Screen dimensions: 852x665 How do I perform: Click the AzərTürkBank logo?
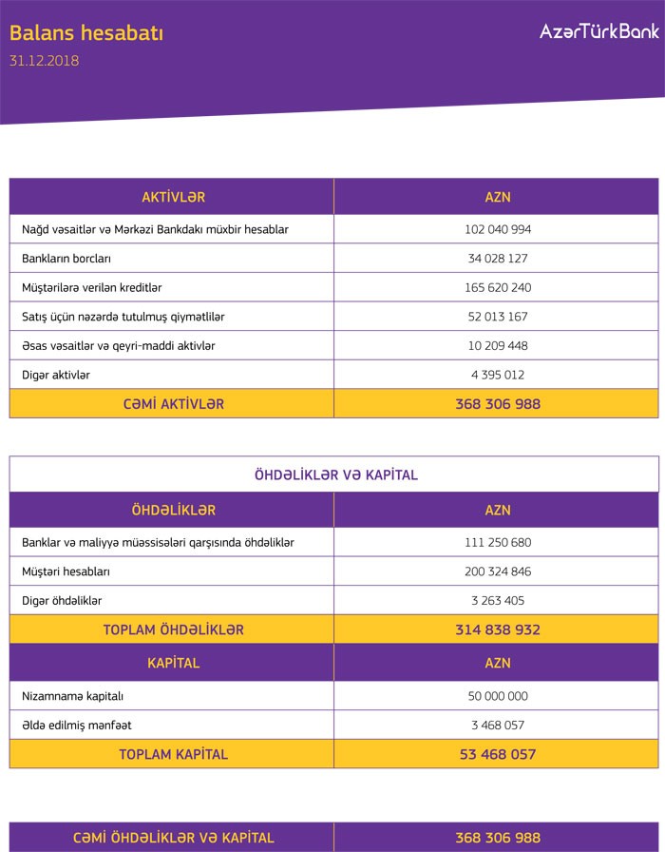click(x=598, y=32)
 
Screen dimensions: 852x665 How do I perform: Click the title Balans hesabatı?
click(x=86, y=33)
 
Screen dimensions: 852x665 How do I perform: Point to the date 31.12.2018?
click(x=44, y=61)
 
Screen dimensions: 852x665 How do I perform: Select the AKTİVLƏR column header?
click(x=173, y=197)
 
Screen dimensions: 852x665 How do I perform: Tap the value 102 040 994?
click(x=498, y=229)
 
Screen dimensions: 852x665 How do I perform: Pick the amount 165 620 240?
click(x=498, y=287)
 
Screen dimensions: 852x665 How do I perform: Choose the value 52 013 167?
click(x=498, y=317)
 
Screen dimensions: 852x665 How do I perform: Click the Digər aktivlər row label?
click(x=56, y=375)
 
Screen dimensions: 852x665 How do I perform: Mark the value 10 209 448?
click(x=498, y=345)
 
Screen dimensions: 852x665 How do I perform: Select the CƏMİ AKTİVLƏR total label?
click(x=173, y=404)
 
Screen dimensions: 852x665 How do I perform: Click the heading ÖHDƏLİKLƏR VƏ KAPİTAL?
click(x=336, y=474)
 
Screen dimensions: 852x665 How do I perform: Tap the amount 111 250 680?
click(x=498, y=543)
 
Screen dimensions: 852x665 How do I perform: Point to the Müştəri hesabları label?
click(x=66, y=571)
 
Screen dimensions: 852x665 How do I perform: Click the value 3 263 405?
click(x=498, y=601)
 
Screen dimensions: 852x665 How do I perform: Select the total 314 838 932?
click(x=498, y=629)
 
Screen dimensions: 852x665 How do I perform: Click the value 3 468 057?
click(x=498, y=725)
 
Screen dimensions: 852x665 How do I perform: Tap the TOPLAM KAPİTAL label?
click(x=173, y=754)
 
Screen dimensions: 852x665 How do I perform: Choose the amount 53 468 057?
click(x=498, y=754)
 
